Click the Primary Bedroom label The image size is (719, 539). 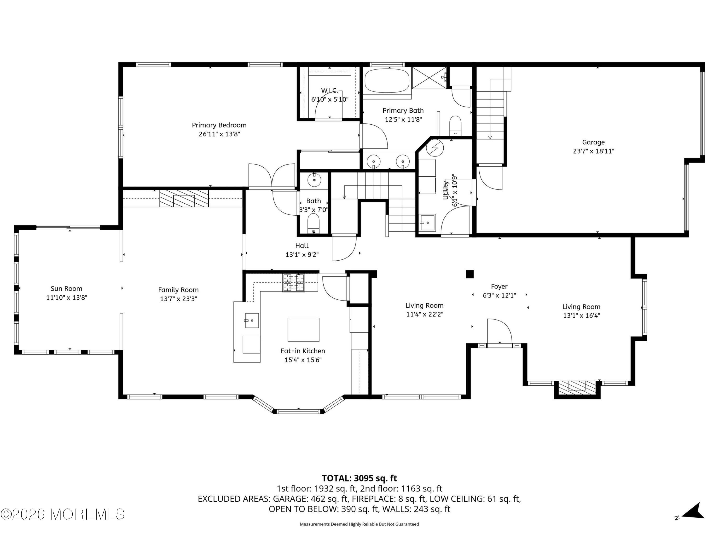219,125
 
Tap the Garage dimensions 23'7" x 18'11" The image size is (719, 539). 593,151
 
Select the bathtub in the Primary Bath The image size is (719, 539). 387,80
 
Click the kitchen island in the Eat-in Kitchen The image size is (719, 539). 303,329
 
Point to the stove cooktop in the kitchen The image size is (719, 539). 294,283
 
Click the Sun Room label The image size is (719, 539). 66,288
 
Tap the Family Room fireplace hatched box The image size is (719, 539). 184,198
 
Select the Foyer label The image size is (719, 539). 499,287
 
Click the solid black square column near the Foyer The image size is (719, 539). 470,274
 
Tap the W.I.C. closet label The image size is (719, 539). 330,90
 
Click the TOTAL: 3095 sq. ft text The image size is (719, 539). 359,478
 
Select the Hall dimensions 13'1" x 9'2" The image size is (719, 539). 302,255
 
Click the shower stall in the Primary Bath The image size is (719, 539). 430,78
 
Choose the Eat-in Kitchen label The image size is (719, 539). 303,351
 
